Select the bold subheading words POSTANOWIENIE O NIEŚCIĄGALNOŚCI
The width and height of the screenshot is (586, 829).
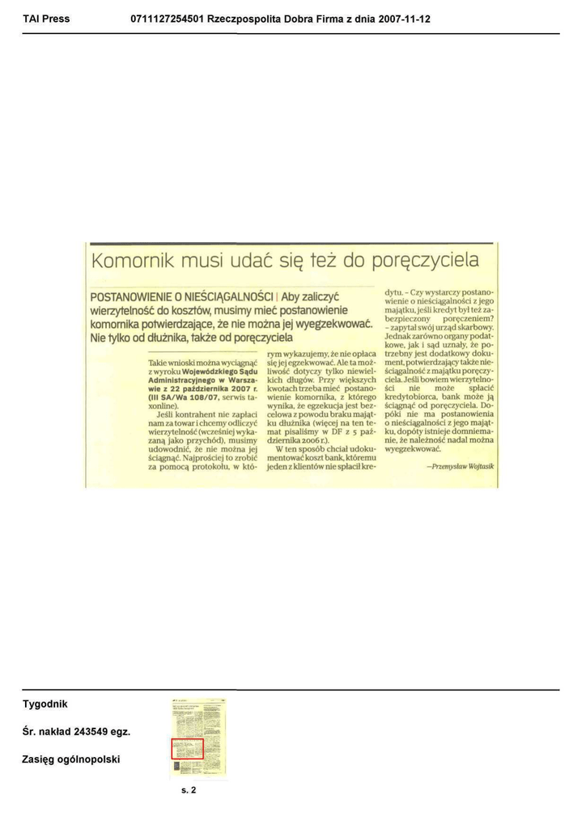[x=182, y=296]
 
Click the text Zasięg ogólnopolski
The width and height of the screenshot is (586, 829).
[x=71, y=759]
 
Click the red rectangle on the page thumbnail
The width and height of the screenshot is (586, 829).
[x=186, y=748]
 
